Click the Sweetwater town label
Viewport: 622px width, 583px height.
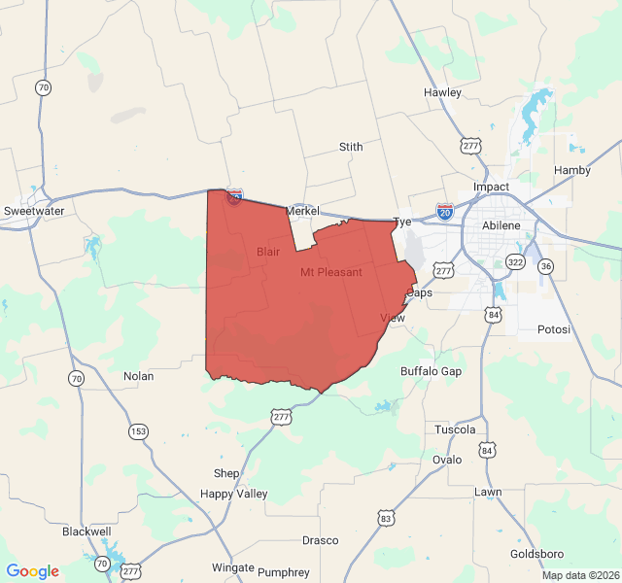click(34, 211)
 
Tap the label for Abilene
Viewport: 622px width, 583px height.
click(501, 225)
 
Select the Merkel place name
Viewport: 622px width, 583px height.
click(302, 211)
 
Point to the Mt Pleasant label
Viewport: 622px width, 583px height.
click(331, 272)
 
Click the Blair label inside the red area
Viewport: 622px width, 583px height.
click(268, 252)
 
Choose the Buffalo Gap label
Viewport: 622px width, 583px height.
click(432, 371)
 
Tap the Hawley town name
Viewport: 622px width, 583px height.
click(442, 92)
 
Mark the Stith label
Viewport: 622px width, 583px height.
click(351, 147)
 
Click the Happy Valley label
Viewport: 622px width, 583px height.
click(233, 494)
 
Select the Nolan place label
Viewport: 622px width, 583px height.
click(138, 376)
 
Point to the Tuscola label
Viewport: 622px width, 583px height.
click(456, 429)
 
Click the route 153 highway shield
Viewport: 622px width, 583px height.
click(139, 430)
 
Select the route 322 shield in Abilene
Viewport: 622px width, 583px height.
click(515, 263)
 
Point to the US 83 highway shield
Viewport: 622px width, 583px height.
click(387, 519)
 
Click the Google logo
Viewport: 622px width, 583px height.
click(32, 571)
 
